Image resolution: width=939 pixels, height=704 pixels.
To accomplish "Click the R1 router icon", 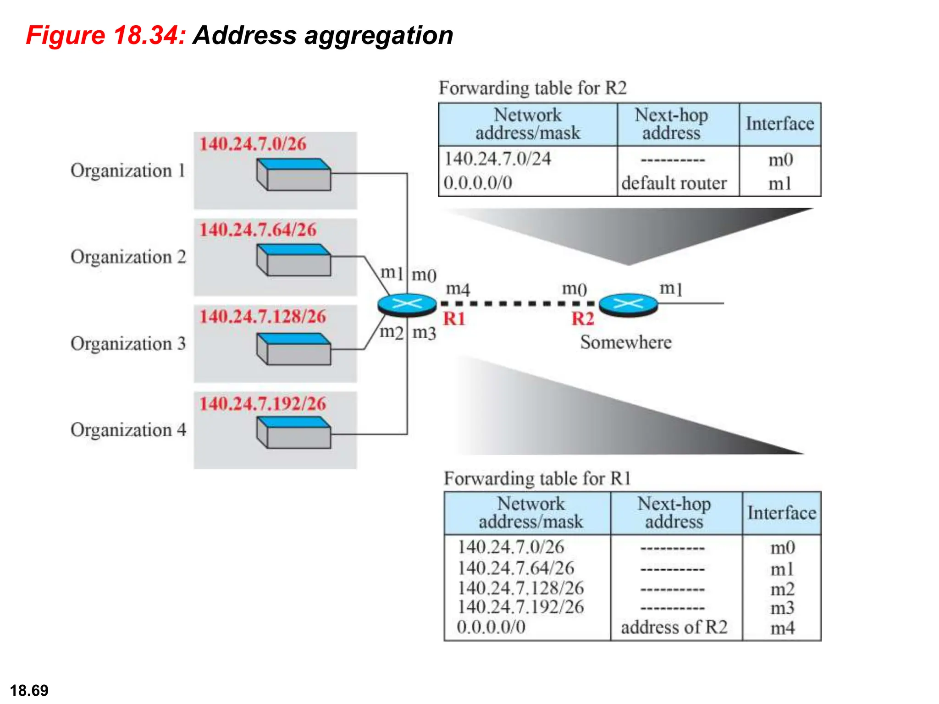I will pyautogui.click(x=407, y=304).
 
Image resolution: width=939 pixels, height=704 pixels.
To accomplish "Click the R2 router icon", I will pyautogui.click(x=628, y=304).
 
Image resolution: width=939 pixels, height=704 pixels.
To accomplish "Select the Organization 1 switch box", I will pyautogui.click(x=293, y=175).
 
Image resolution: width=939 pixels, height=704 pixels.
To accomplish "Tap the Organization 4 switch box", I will pyautogui.click(x=293, y=432).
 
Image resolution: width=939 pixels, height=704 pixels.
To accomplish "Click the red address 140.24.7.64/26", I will pyautogui.click(x=258, y=230).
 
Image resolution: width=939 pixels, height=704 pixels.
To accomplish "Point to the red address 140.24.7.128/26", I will pyautogui.click(x=263, y=316).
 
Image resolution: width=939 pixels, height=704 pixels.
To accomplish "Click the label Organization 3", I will pyautogui.click(x=128, y=343).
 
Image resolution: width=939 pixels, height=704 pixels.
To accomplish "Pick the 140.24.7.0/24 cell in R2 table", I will pyautogui.click(x=497, y=159).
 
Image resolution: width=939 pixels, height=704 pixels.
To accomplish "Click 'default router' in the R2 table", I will pyautogui.click(x=674, y=183).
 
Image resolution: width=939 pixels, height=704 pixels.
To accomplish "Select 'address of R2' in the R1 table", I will pyautogui.click(x=674, y=627).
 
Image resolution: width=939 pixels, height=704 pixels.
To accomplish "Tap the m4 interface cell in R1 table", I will pyautogui.click(x=782, y=627).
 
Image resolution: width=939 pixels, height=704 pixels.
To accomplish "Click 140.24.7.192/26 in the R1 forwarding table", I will pyautogui.click(x=521, y=607).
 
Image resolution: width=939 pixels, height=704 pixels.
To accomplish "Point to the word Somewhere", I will pyautogui.click(x=626, y=342).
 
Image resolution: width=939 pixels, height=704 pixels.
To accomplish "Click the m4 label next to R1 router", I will pyautogui.click(x=458, y=289).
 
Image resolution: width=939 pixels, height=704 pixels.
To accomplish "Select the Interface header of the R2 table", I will pyautogui.click(x=779, y=124).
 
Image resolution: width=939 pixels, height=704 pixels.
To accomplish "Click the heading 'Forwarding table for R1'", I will pyautogui.click(x=537, y=478).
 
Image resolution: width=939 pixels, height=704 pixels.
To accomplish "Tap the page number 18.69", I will pyautogui.click(x=29, y=690).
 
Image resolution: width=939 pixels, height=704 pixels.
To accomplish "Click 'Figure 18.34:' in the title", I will pyautogui.click(x=105, y=35).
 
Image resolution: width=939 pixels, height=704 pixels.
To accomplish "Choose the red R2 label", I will pyautogui.click(x=582, y=319).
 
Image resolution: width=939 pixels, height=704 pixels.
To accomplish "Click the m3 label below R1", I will pyautogui.click(x=424, y=333).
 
